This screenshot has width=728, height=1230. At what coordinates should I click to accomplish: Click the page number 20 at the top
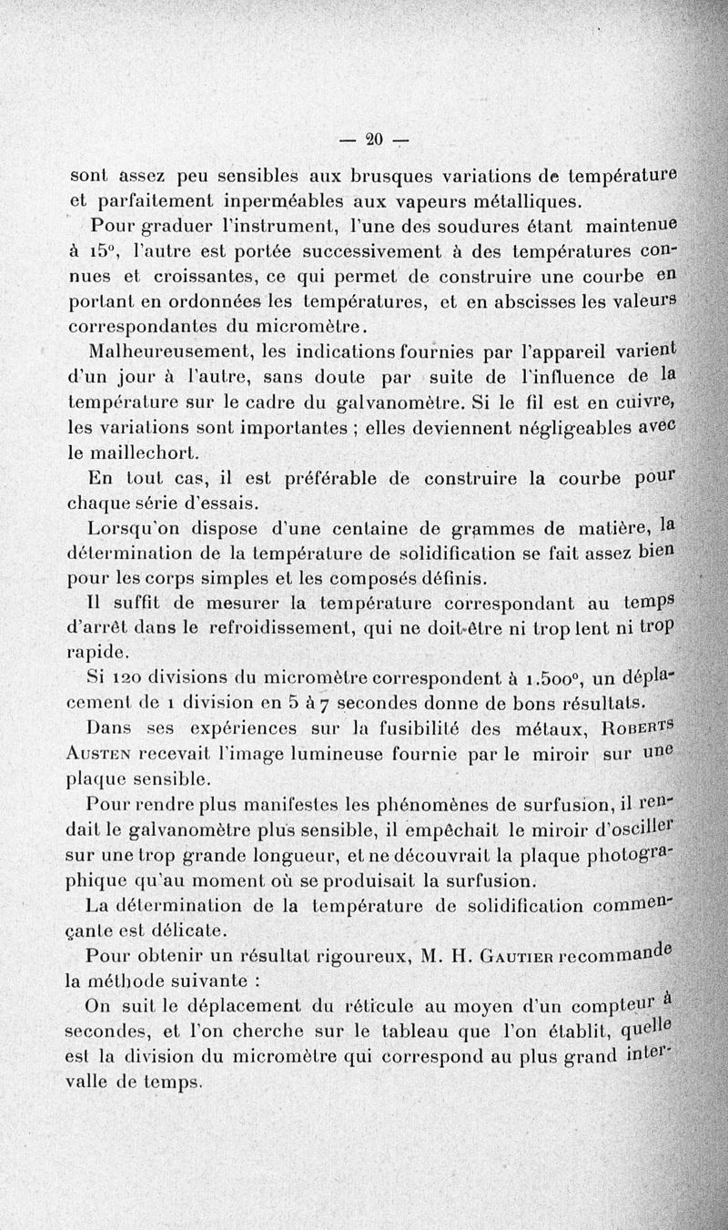(373, 139)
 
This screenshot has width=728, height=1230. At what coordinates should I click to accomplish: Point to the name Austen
(101, 755)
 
